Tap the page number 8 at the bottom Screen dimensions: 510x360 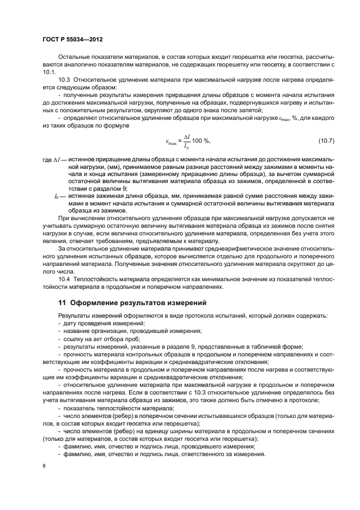point(44,466)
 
